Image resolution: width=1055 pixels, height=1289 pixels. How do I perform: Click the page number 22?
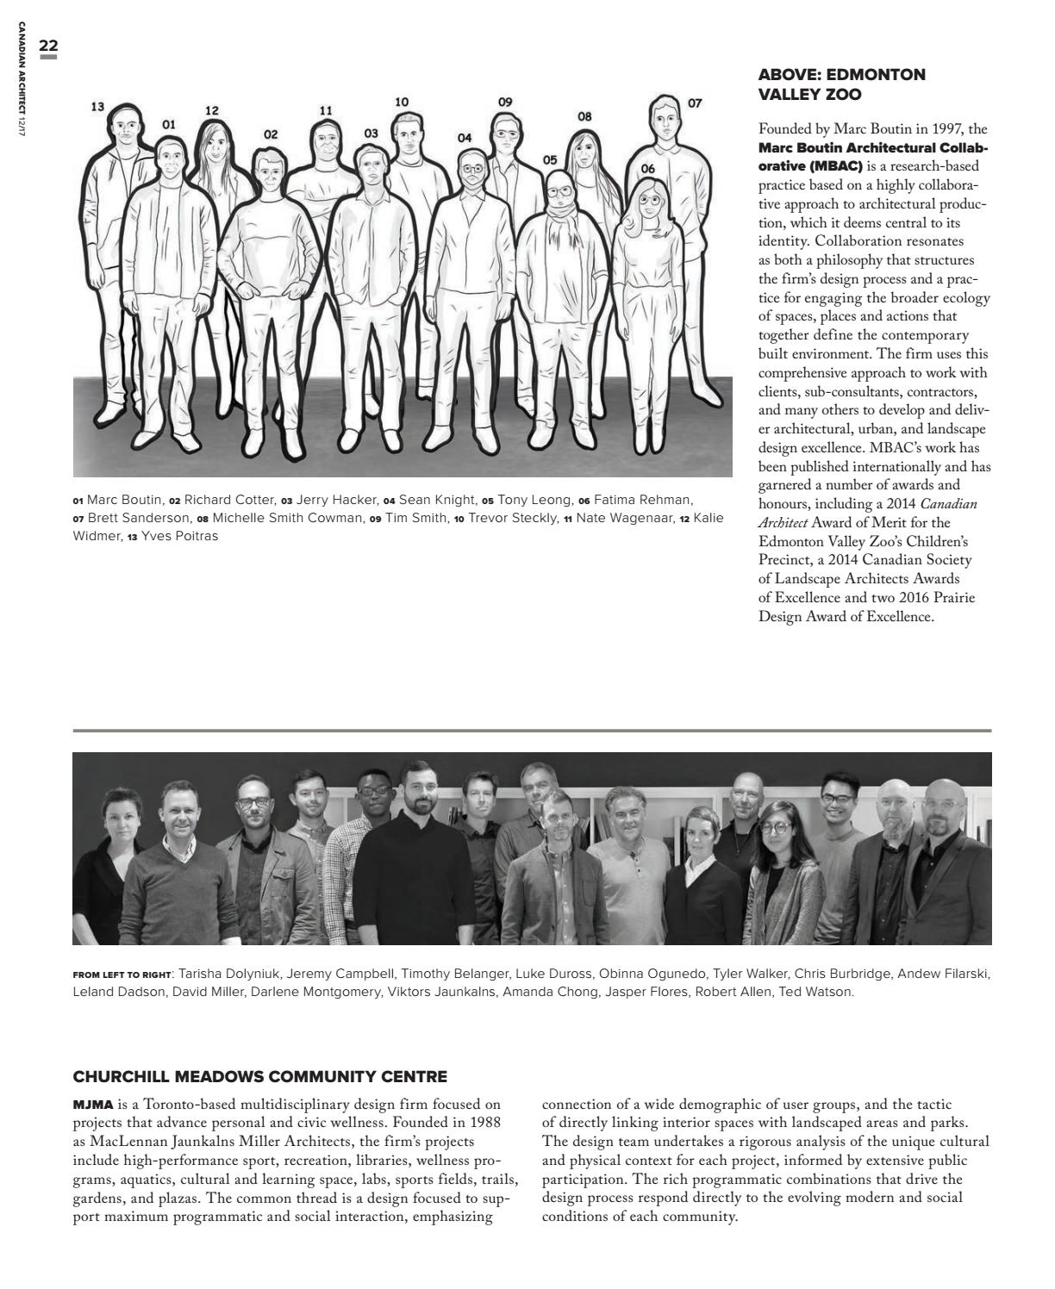[48, 46]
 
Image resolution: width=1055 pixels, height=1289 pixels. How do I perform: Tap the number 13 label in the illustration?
[97, 107]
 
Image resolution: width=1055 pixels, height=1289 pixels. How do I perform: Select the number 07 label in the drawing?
[695, 103]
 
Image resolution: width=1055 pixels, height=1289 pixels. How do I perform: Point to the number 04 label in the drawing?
[465, 137]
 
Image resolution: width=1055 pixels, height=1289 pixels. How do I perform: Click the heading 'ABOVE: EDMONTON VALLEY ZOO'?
[828, 84]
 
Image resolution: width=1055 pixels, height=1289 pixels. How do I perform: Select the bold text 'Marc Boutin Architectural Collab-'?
[873, 147]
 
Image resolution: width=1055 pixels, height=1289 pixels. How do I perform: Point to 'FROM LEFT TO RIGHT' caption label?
[122, 975]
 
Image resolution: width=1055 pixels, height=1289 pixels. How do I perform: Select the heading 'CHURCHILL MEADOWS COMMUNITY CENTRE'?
[259, 1077]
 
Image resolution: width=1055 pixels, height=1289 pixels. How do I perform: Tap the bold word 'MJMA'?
[93, 1104]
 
